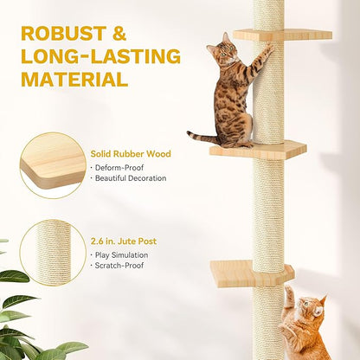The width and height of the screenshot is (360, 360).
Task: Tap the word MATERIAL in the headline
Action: click(x=74, y=80)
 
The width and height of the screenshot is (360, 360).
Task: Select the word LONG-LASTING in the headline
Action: click(x=100, y=57)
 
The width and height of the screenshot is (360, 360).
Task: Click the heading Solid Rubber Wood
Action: click(x=131, y=154)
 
